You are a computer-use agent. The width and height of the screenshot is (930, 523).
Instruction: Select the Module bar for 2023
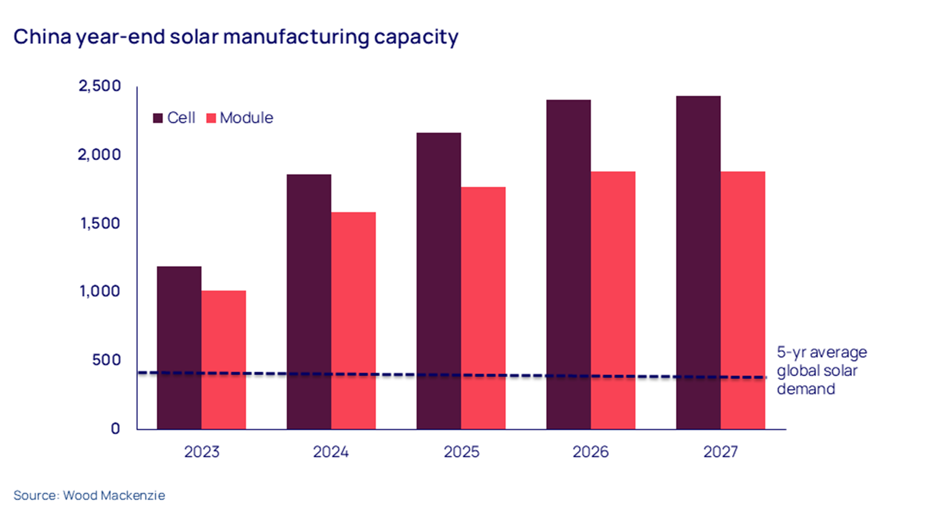tap(223, 360)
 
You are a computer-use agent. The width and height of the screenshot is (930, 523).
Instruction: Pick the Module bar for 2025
tap(483, 308)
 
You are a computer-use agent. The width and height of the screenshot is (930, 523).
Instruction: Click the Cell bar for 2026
tap(568, 264)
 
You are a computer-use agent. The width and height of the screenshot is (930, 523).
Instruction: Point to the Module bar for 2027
tap(742, 300)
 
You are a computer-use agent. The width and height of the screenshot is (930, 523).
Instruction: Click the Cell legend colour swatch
tap(158, 118)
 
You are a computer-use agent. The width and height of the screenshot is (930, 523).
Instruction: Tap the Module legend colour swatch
tap(211, 118)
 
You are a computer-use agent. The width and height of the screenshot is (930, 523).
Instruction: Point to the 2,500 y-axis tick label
tap(100, 86)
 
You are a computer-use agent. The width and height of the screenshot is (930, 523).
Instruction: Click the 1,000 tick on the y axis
tap(100, 291)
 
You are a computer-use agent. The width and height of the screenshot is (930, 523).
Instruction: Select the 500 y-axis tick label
tap(106, 360)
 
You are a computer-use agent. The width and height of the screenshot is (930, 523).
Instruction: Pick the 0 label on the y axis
tap(115, 428)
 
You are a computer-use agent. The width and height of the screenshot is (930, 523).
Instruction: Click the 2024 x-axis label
tap(331, 452)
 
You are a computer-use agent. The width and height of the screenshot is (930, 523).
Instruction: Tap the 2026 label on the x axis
tap(591, 452)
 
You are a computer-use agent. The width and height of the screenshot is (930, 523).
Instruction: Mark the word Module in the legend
tap(246, 118)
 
